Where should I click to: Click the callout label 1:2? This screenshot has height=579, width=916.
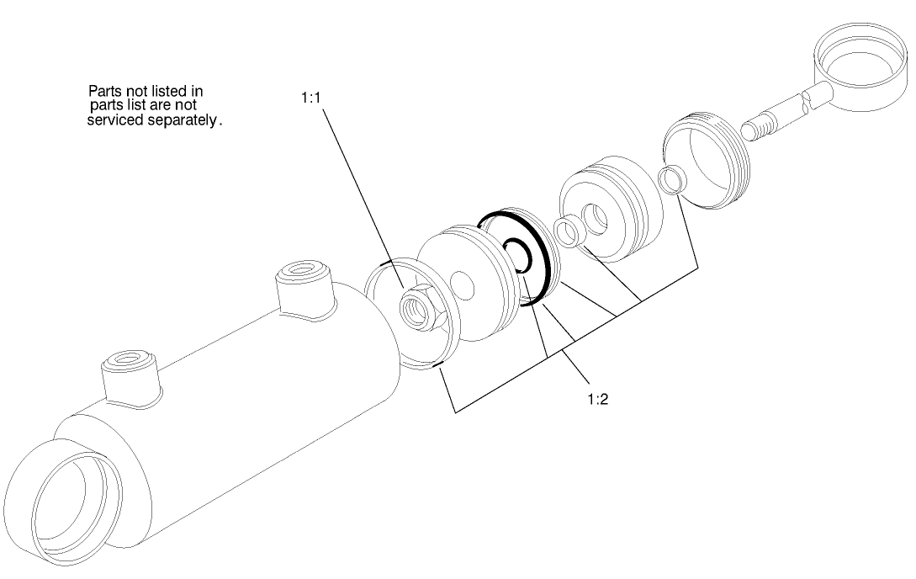596,398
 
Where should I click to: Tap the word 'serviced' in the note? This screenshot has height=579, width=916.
117,120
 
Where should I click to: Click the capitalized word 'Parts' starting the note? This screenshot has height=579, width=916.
105,90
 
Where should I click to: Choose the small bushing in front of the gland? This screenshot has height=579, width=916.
569,231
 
